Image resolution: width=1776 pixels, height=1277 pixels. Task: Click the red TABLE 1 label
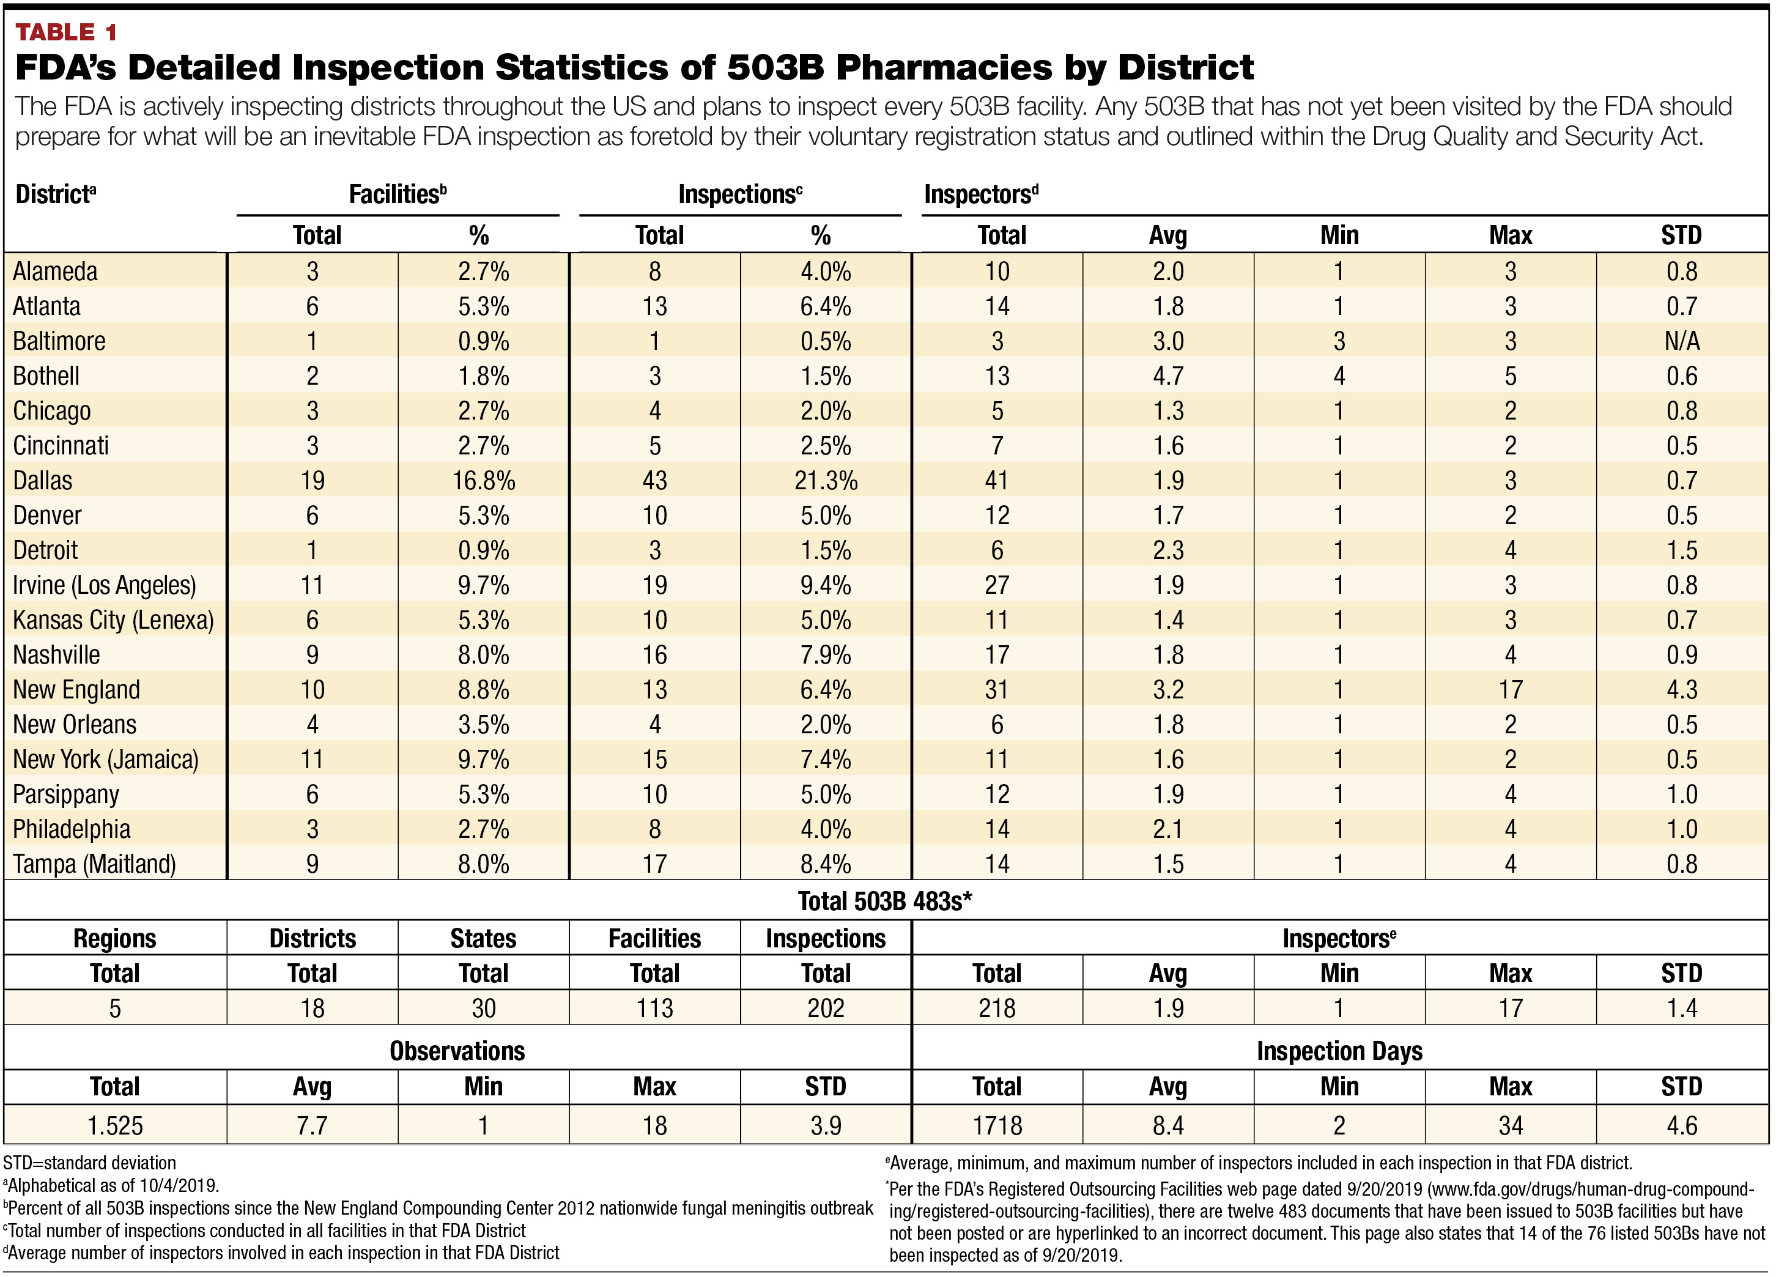66,32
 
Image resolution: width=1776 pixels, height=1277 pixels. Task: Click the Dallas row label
43,481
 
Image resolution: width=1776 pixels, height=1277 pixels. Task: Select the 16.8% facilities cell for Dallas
483,481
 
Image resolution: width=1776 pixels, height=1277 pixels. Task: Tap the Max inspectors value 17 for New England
1510,690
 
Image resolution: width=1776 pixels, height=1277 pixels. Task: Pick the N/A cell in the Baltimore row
1681,341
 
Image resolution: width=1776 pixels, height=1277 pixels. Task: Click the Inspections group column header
739,194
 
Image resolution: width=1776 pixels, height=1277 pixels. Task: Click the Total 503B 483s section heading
884,901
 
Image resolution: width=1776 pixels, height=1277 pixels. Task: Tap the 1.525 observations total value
114,1126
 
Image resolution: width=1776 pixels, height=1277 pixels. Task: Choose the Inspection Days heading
1339,1051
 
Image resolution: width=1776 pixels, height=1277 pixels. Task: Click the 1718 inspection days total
997,1126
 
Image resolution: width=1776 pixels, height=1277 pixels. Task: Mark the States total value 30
483,1009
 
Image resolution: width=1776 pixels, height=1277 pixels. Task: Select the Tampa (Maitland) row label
94,864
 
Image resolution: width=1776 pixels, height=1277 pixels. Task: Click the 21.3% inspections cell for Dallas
826,481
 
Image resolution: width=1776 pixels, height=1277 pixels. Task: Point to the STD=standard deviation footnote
89,1163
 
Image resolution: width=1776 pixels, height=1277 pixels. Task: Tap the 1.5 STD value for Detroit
1681,550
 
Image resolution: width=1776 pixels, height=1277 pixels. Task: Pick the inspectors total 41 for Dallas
997,481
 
